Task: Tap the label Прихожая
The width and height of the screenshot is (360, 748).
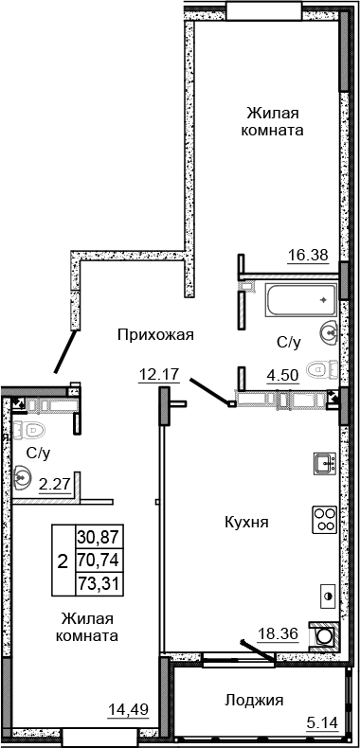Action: [156, 333]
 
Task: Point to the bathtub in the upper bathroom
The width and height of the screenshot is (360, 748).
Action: [294, 300]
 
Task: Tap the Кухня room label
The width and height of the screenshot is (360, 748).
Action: [243, 522]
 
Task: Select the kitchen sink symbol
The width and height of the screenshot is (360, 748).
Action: [324, 464]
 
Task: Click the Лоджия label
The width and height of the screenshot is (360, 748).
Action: [255, 701]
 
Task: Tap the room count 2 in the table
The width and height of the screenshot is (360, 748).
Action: [63, 560]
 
